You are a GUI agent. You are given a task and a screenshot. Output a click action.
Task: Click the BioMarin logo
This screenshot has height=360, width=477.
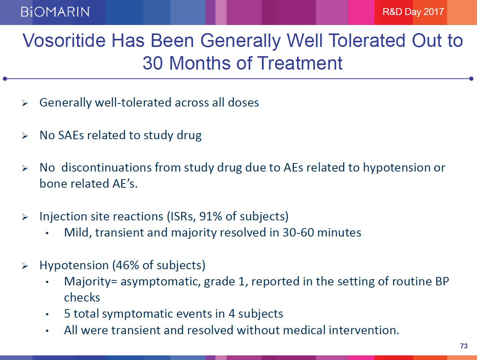55,12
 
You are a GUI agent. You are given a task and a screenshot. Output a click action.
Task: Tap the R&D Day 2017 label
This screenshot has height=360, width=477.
413,12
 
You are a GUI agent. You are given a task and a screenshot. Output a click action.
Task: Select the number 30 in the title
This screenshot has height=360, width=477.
153,63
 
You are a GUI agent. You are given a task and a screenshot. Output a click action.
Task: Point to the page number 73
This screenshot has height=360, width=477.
464,346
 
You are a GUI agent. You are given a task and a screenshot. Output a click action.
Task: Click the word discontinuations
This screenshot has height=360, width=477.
106,168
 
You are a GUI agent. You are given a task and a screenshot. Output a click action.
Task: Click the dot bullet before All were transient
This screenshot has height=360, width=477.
47,331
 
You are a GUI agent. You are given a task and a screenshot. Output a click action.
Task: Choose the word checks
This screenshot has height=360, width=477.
82,298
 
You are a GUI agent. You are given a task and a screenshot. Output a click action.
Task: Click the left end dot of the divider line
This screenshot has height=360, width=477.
5,79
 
